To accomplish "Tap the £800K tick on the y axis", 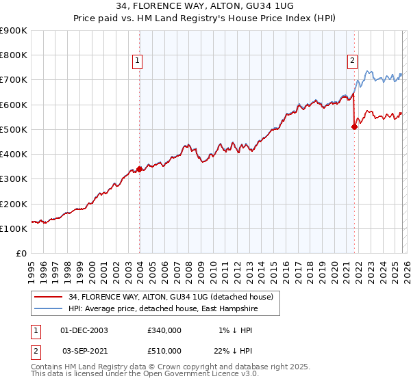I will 14,55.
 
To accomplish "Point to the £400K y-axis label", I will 14,155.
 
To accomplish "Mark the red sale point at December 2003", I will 139,168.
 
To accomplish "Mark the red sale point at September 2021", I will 354,127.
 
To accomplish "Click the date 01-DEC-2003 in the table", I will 85,330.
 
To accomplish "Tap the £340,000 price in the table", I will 164,330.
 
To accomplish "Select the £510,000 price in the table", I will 164,351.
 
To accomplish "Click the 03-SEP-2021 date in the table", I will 85,351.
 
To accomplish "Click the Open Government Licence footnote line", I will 145,374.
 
